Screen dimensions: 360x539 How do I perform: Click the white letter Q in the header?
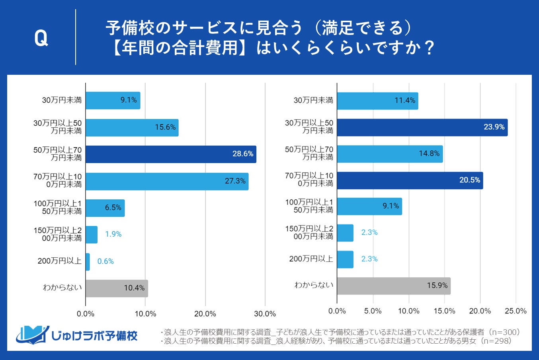pos(41,39)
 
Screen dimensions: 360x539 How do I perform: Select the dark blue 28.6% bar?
pos(171,154)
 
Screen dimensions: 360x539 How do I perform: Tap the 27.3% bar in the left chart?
pos(167,181)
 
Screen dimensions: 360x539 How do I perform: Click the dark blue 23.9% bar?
pos(422,127)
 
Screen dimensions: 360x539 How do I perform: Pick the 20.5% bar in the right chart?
pos(410,180)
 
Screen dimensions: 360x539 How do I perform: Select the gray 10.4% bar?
pos(117,288)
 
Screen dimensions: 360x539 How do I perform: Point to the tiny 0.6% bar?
pos(88,262)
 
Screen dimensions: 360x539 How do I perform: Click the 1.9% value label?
pos(113,234)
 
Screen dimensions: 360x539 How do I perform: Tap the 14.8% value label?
pos(429,154)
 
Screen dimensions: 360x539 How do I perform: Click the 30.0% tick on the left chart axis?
pos(265,314)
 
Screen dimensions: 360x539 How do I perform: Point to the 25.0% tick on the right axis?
pos(516,311)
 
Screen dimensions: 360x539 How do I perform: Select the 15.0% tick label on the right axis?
pos(444,311)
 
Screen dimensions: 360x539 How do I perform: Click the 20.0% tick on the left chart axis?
pos(205,314)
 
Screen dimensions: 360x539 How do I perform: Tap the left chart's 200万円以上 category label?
pos(60,261)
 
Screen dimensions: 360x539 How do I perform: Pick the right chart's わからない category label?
pos(314,285)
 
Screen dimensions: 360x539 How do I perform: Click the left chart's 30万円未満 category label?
pos(62,100)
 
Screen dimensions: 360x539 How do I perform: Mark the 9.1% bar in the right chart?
pos(369,206)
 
